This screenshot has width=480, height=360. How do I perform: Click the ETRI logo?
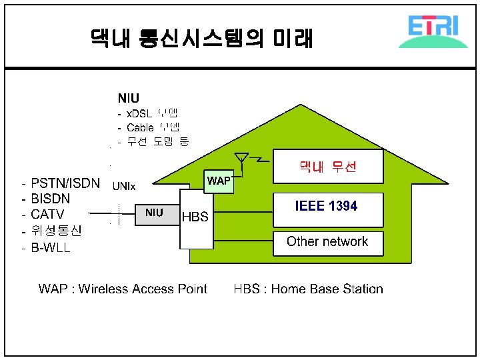[x=437, y=31]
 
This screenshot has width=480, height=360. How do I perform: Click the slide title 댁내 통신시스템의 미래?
[x=201, y=37]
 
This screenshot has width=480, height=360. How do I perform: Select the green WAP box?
[x=219, y=181]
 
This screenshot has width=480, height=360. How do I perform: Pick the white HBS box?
[x=195, y=217]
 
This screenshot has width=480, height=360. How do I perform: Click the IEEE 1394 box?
[x=329, y=207]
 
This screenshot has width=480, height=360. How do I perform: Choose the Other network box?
[x=329, y=242]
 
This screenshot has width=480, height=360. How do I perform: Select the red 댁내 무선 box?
[x=329, y=167]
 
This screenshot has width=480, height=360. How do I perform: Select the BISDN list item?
[x=51, y=199]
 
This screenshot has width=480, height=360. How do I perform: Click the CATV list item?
[x=47, y=215]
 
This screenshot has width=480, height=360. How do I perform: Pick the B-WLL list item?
[x=51, y=248]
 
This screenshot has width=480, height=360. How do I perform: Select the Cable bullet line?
[x=148, y=127]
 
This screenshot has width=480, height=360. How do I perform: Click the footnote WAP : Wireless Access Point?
[x=123, y=289]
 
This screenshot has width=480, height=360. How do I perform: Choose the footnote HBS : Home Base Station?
[x=308, y=289]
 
